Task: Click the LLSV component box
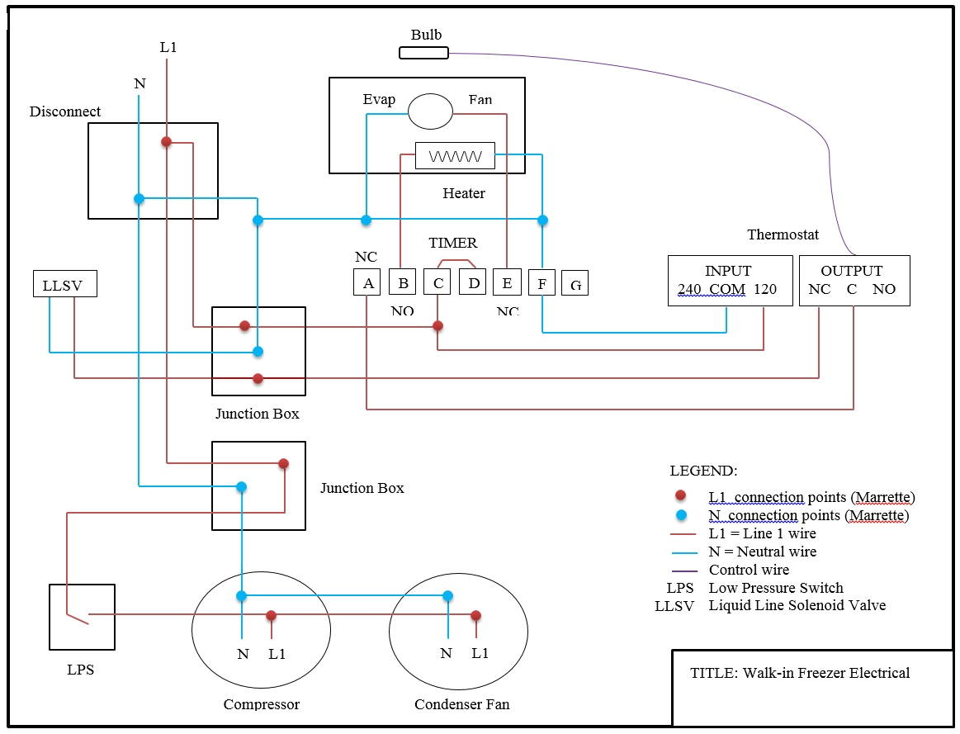point(64,284)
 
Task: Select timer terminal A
point(367,282)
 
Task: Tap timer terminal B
point(402,282)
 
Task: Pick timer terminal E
point(507,282)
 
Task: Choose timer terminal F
point(541,283)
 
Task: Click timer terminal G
point(575,283)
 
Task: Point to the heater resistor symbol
point(455,155)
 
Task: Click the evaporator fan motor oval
point(431,111)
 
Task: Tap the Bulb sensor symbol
point(423,53)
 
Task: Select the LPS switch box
point(82,617)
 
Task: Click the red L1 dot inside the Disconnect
point(166,142)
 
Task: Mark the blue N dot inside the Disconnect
point(139,199)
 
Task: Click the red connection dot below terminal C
point(437,326)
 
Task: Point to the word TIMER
point(452,243)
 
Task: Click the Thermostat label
point(783,234)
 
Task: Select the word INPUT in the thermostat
point(728,271)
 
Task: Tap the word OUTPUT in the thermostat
point(851,271)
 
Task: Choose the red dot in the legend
point(680,496)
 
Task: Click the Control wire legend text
point(749,570)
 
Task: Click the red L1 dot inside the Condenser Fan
point(475,615)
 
